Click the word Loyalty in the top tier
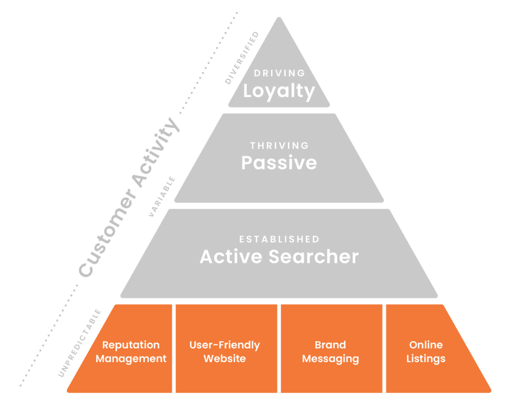[279, 91]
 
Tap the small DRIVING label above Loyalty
[279, 73]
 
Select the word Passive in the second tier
[279, 163]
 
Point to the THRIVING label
[279, 145]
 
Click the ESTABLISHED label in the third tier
[279, 239]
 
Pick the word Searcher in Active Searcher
[313, 256]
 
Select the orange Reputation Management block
[131, 351]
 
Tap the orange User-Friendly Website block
[225, 351]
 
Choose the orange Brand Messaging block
[330, 351]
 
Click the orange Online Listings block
[426, 351]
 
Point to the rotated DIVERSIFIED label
[242, 58]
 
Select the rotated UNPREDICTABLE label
[79, 343]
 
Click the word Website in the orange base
[225, 358]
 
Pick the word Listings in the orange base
[426, 358]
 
